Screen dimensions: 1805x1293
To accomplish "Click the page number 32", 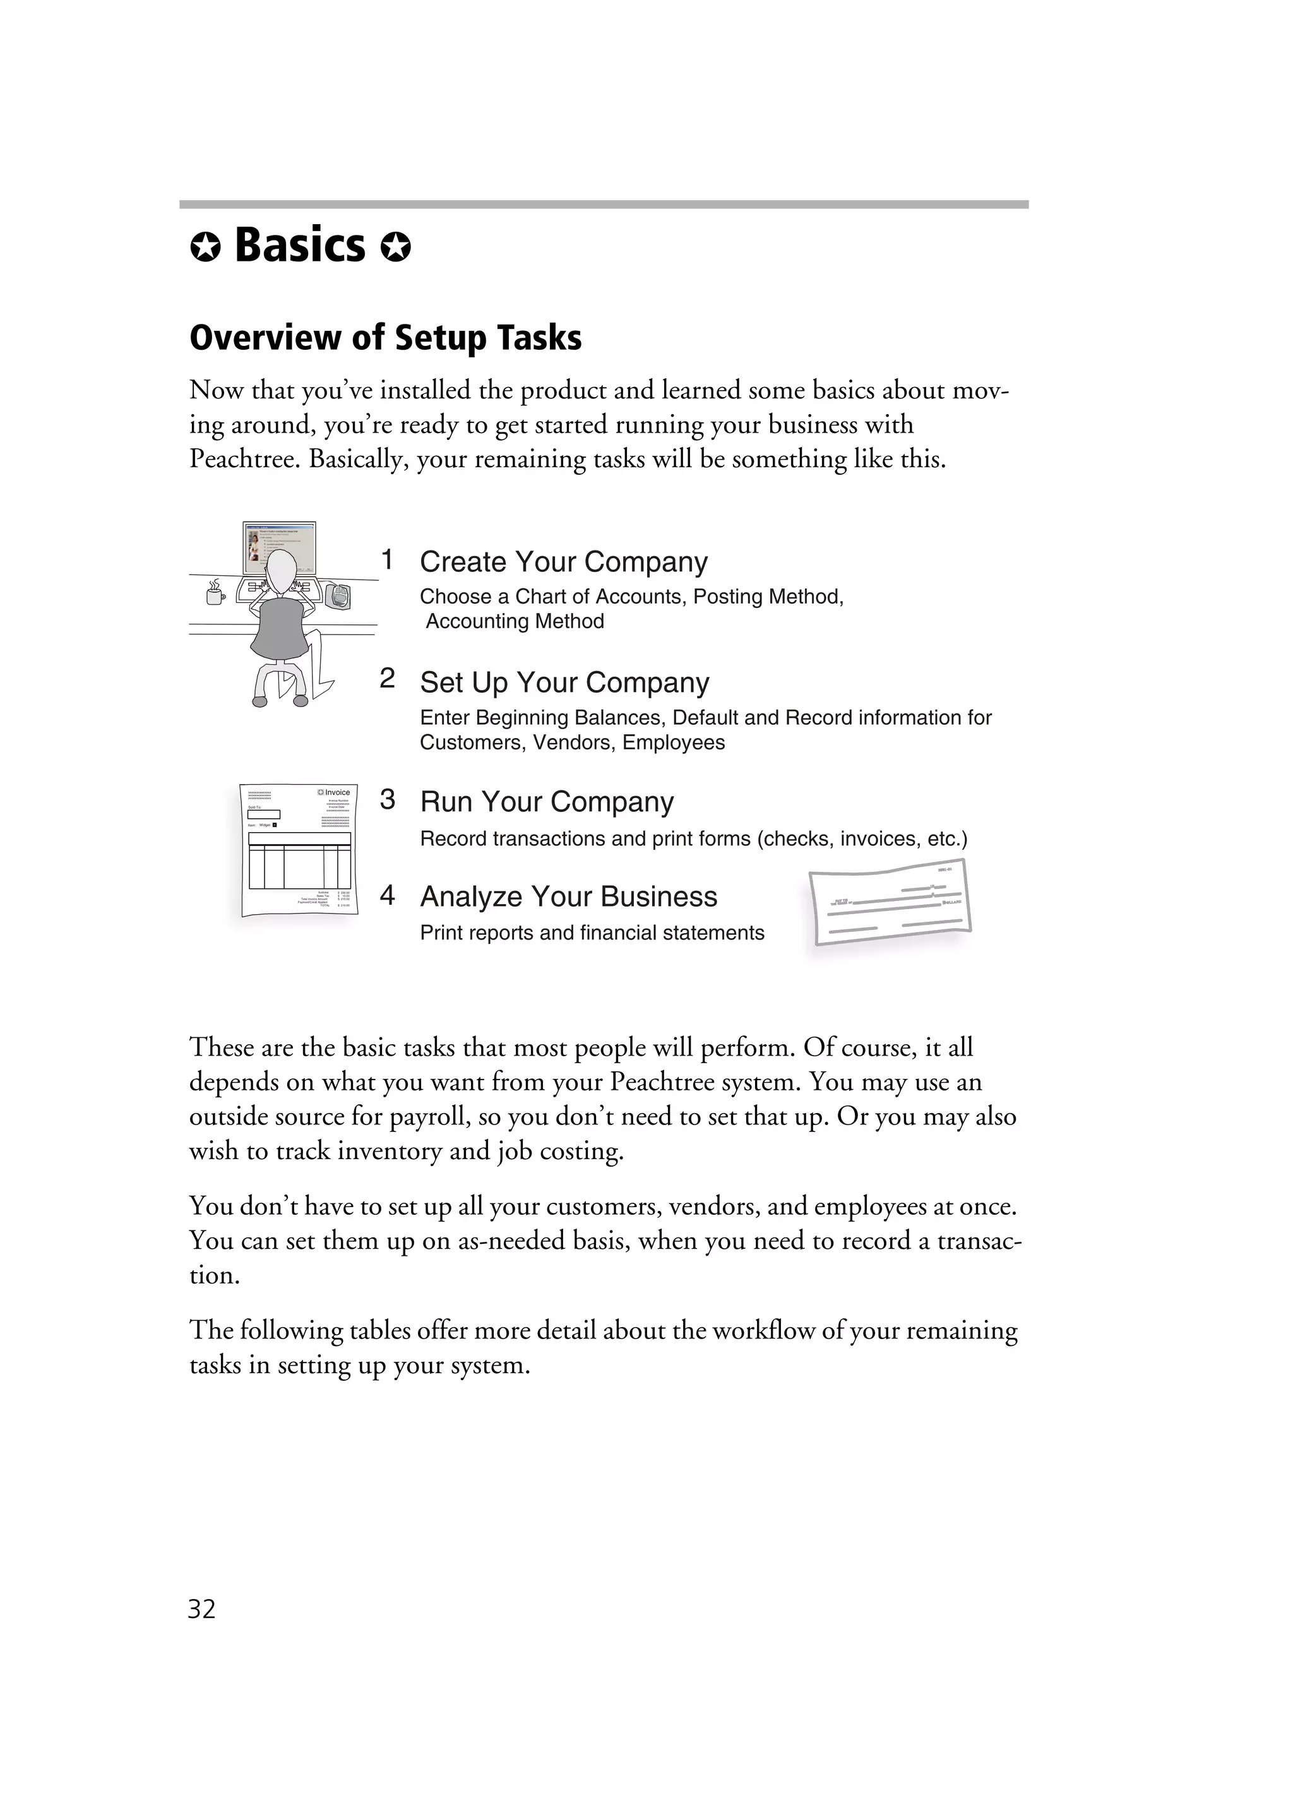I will (201, 1609).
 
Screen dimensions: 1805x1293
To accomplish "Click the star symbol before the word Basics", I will (205, 247).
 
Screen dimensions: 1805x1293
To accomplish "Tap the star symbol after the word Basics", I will (395, 247).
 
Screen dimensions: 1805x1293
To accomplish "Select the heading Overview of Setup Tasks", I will (385, 337).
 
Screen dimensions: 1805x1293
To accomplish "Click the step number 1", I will (387, 559).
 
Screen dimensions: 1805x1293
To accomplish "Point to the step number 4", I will (387, 895).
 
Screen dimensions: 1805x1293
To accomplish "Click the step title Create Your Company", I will (563, 561).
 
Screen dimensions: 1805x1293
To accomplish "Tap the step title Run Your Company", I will (547, 801).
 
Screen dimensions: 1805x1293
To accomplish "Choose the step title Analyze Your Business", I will (568, 896).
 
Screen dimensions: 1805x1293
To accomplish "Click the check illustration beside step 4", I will (890, 903).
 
